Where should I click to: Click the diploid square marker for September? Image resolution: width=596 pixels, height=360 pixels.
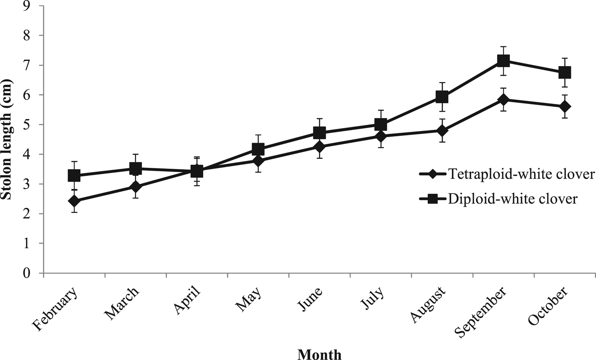503,61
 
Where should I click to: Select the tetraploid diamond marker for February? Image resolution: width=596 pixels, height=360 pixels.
74,201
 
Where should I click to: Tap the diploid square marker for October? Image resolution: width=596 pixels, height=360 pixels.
564,72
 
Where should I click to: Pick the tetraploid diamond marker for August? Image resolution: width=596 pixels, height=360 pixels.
442,130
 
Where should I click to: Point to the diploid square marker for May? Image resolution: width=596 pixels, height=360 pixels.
258,149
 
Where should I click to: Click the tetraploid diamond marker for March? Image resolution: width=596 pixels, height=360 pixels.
135,187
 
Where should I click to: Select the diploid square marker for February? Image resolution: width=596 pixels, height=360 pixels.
74,176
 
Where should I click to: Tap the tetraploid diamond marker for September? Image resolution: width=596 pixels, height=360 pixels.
503,100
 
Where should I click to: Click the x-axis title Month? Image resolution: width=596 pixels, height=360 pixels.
319,354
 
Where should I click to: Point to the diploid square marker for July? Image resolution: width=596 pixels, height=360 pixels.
381,124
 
